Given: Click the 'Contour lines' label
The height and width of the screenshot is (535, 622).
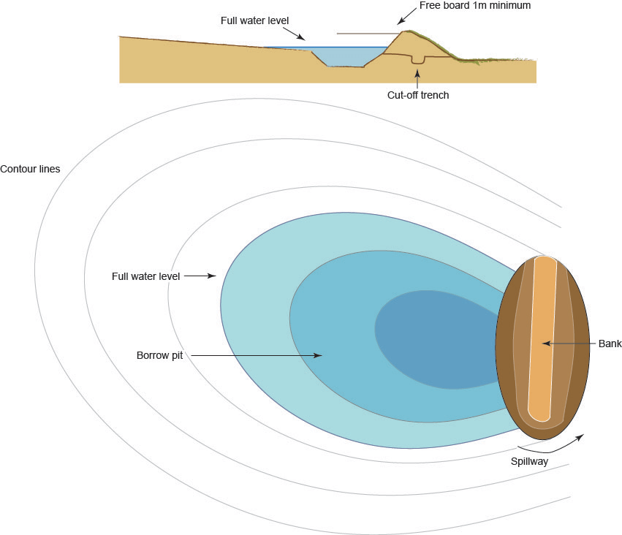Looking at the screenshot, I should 31,169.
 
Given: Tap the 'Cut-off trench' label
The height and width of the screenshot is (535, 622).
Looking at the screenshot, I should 417,94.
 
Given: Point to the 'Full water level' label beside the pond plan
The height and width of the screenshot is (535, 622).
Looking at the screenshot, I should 145,276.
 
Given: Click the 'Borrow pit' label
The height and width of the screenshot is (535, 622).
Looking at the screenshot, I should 159,356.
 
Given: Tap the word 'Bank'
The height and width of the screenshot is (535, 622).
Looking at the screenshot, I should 609,343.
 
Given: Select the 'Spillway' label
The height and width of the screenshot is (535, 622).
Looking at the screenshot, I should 529,461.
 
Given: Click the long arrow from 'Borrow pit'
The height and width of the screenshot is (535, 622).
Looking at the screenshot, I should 256,356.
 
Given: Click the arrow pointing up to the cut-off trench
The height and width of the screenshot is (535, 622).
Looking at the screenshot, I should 417,76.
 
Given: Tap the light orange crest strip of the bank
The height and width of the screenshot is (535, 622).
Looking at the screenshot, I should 545,340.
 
